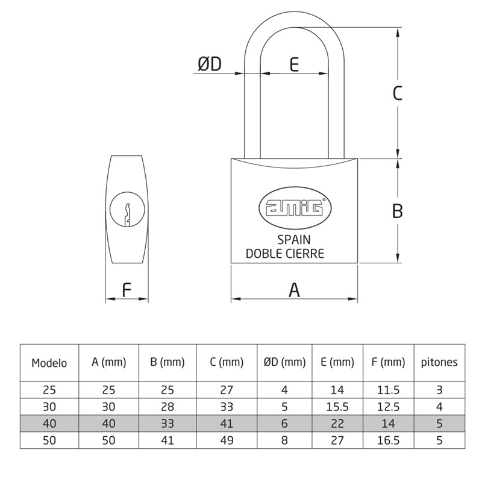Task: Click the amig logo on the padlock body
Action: click(295, 208)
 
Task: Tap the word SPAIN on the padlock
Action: click(294, 240)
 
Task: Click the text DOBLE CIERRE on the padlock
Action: click(285, 253)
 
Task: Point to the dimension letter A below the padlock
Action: click(294, 290)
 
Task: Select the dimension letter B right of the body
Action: click(397, 211)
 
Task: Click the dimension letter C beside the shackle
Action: click(397, 93)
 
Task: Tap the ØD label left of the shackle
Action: click(210, 64)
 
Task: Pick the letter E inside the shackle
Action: click(294, 64)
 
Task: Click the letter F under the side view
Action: click(127, 290)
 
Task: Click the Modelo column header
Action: click(49, 363)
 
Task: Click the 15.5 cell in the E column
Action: click(337, 406)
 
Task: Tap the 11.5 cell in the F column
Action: click(388, 389)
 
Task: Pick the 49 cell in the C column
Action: click(227, 440)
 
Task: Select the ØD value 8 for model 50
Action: click(285, 440)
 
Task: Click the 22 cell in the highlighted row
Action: click(337, 423)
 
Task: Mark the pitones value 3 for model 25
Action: click(439, 389)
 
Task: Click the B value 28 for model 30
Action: click(167, 406)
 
